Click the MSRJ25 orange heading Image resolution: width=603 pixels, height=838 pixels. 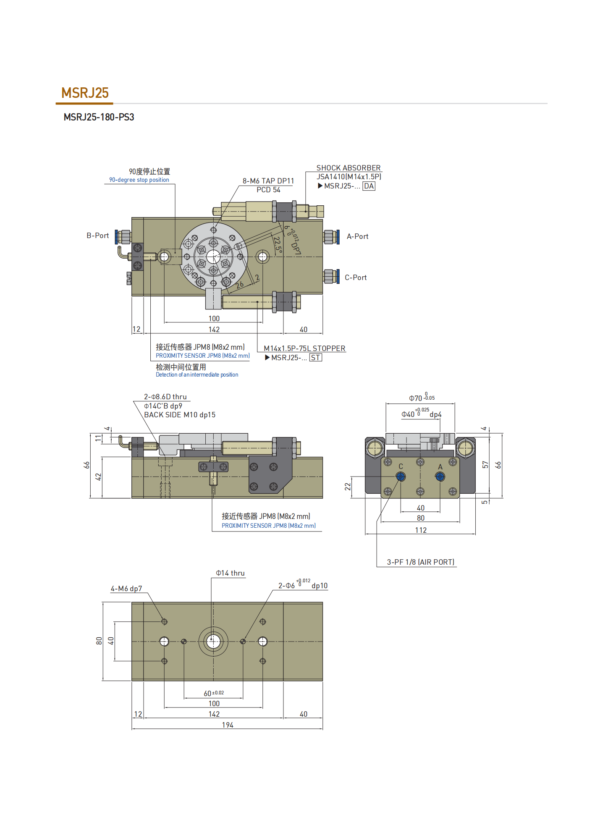[x=85, y=93]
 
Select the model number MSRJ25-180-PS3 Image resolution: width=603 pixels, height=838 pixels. [x=99, y=117]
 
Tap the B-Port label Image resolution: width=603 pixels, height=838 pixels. [x=97, y=236]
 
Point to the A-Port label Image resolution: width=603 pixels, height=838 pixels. [x=357, y=236]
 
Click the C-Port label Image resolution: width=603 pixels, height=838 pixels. [x=356, y=278]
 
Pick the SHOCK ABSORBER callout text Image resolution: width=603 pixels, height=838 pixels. [x=349, y=168]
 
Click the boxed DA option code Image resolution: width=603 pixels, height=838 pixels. [x=369, y=186]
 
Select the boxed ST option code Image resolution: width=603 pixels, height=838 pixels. [x=315, y=358]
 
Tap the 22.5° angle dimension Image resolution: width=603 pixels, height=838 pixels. [x=277, y=244]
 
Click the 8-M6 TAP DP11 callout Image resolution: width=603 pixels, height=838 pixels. [x=268, y=181]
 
